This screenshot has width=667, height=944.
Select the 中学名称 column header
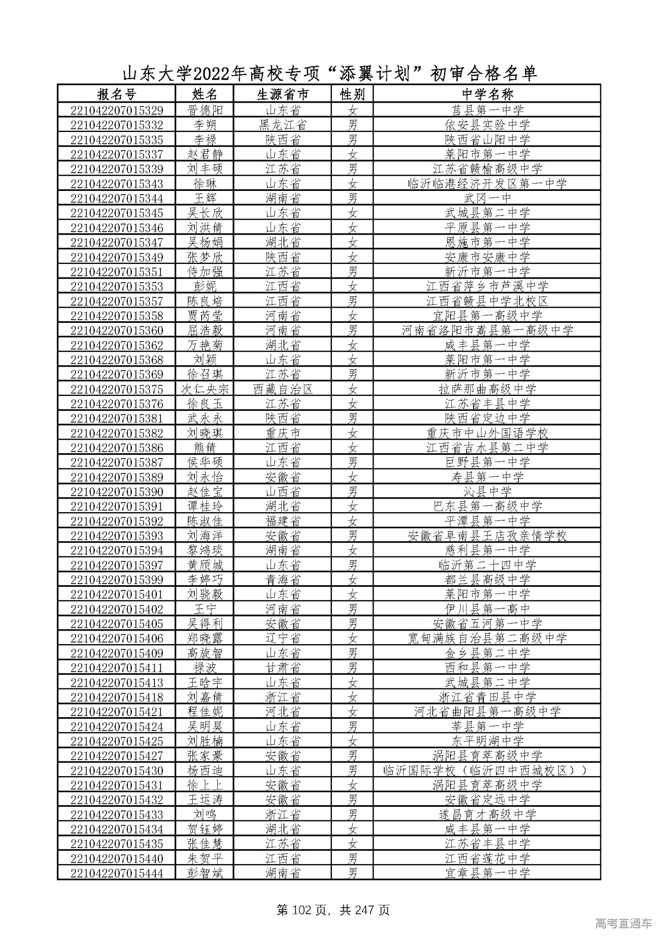487,94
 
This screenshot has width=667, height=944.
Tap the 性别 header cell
352,94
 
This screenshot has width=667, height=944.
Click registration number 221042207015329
116,111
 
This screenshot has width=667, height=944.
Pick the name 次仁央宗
205,389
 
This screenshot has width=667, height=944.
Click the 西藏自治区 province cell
282,389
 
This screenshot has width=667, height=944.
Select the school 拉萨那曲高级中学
487,389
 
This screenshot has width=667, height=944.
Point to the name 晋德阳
205,111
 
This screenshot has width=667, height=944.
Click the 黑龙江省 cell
282,125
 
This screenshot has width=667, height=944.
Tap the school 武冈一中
487,199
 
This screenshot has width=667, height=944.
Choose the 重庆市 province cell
282,433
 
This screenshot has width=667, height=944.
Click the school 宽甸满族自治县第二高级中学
487,638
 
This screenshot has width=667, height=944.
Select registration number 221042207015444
116,873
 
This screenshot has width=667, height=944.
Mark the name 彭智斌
205,873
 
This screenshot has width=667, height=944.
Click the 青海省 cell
282,580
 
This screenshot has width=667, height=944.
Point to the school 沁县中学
487,492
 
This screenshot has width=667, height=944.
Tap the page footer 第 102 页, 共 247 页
333,911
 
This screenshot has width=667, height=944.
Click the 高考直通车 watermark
623,924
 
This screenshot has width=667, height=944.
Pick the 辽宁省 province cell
282,638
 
